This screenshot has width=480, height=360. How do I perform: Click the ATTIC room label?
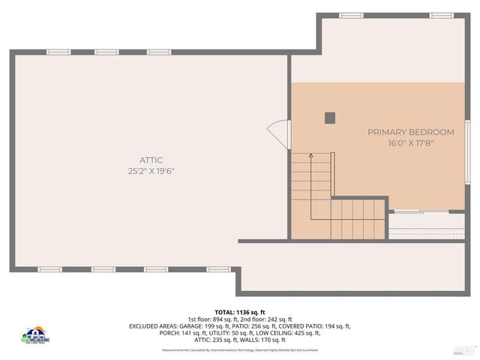151,160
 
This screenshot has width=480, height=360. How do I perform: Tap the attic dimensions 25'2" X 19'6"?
151,171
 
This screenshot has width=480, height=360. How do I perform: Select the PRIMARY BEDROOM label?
411,132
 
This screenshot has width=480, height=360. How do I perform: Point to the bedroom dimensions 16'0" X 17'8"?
411,143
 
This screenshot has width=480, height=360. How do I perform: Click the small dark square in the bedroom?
330,117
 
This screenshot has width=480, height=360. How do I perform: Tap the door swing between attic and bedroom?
280,135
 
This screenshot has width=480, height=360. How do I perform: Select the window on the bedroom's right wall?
466,150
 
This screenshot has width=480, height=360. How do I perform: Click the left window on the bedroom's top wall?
351,15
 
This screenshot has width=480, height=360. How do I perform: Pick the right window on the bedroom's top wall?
442,15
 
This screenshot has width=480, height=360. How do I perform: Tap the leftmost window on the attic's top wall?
58,52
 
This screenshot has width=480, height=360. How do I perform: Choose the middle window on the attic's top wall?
106,52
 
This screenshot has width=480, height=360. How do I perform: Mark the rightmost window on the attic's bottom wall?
218,269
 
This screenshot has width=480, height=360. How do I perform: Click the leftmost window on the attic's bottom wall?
49,269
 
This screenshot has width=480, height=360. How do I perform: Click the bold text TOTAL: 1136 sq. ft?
240,312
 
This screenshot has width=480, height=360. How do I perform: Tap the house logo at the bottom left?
35,335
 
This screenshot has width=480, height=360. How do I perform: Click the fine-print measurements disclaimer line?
240,349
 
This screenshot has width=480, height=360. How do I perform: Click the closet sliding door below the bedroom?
426,213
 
